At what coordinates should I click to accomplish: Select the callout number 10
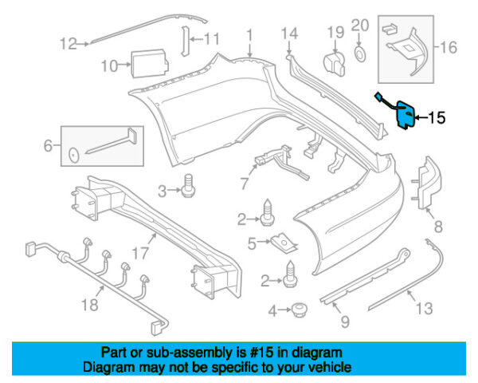109,65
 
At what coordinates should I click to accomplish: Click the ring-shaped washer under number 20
359,54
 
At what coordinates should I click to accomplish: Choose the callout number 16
449,48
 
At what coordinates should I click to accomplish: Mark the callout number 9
345,322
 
